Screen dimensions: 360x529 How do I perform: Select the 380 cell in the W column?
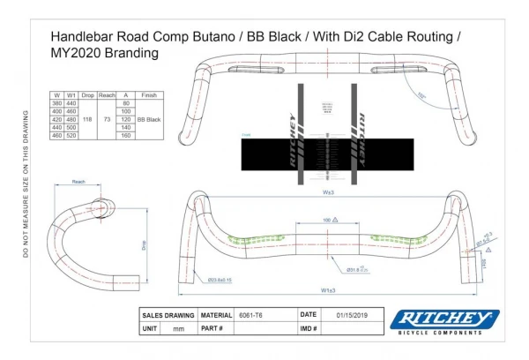click(56, 103)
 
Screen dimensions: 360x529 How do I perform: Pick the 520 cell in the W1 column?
click(72, 135)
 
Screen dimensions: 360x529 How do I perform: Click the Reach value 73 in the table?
click(106, 119)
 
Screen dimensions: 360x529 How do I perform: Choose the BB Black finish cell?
click(148, 119)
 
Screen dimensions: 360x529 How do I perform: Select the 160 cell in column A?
click(125, 135)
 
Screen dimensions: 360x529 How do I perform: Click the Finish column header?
click(148, 94)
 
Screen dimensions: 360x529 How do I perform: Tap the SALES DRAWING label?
click(169, 314)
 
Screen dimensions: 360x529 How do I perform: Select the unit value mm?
click(179, 328)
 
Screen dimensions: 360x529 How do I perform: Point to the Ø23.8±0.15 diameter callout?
click(220, 280)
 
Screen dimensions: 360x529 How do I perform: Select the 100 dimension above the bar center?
click(326, 218)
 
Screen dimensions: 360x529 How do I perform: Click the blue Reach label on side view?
click(79, 181)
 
